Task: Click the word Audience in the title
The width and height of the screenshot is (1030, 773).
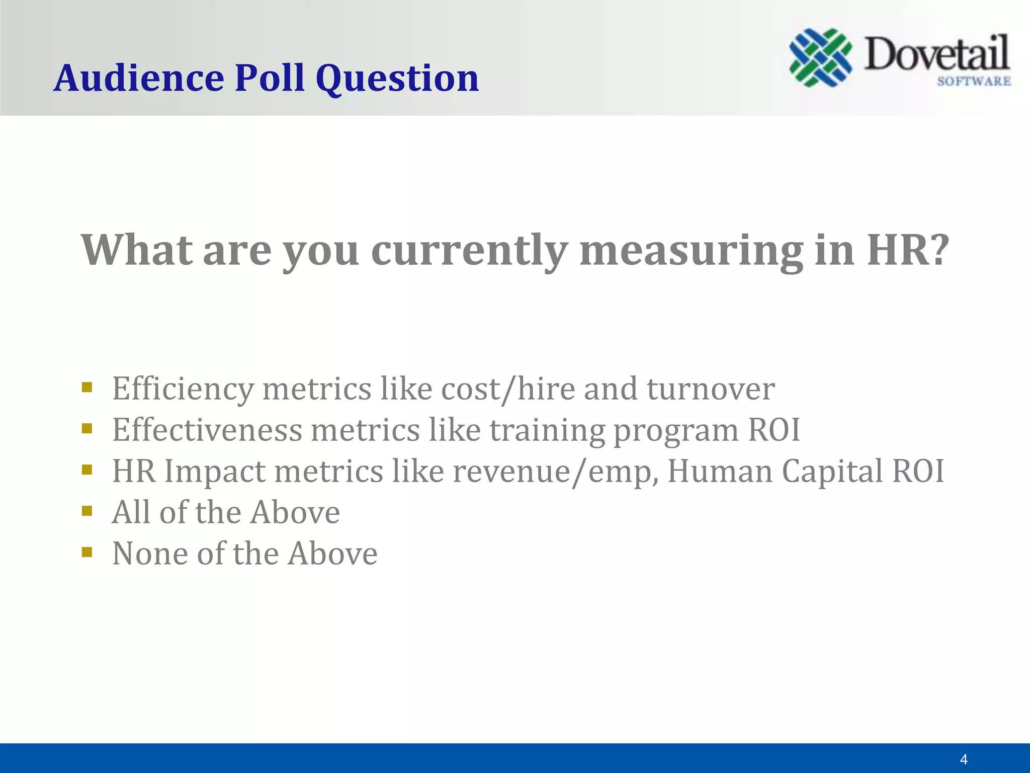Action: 139,79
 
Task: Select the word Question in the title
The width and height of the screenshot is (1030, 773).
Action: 397,80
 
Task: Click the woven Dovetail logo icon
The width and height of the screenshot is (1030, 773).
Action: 820,57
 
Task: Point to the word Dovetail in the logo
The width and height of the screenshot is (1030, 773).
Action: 936,54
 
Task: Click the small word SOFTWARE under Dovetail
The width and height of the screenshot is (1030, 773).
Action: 974,82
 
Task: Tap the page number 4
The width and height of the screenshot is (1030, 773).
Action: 964,759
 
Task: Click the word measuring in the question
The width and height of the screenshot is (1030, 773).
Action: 691,251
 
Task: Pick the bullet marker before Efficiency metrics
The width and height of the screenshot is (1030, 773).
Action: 87,387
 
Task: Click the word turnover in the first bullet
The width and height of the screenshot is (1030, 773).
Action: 710,389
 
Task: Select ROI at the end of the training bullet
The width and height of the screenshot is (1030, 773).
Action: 774,430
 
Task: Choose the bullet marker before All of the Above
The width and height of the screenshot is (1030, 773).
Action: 87,511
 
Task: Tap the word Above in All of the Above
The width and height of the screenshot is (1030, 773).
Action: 295,512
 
